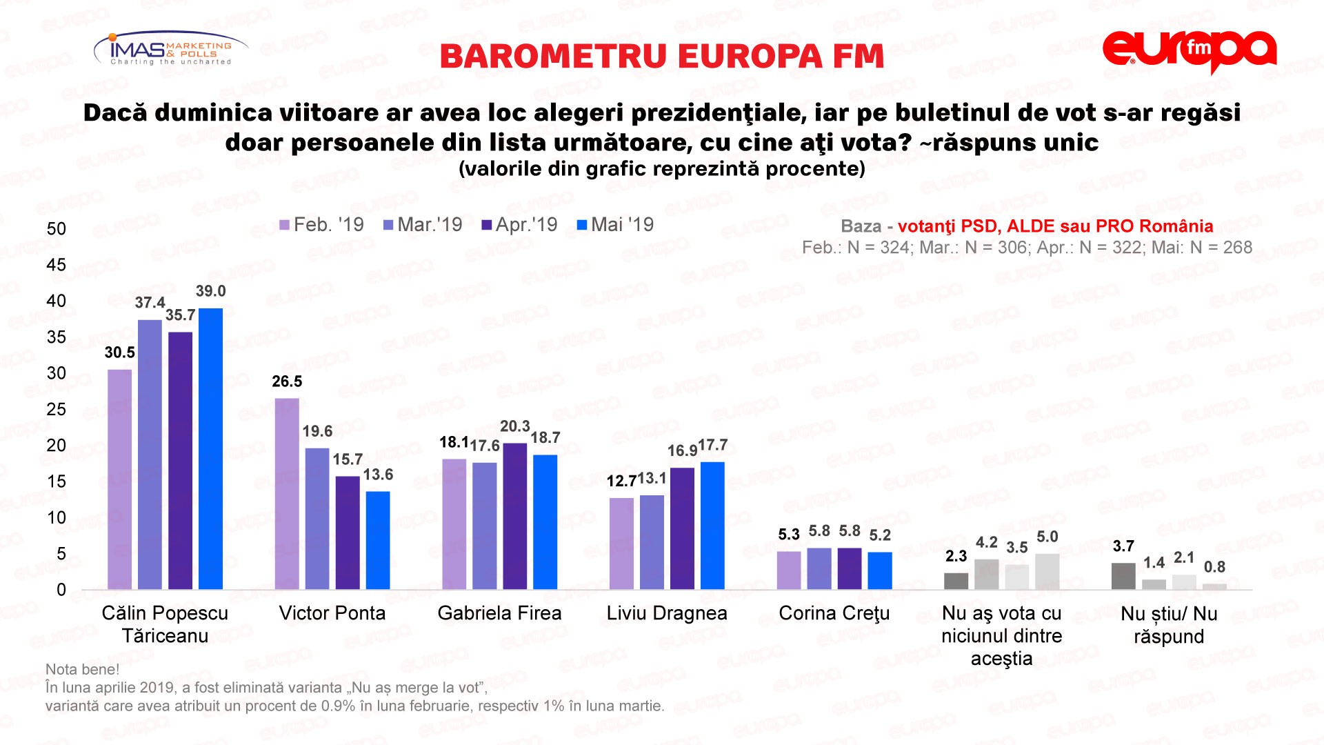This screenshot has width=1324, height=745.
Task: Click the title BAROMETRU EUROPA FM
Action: pos(661,57)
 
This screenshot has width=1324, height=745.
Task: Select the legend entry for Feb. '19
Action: pos(321,225)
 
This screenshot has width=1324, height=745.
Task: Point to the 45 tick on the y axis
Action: pos(57,265)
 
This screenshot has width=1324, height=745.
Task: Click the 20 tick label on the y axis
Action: pos(57,446)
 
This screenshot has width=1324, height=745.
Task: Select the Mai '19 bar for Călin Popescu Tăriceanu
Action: pos(210,448)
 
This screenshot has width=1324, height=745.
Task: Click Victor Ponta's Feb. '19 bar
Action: pos(287,493)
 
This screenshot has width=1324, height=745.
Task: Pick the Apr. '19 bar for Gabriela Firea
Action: pos(515,516)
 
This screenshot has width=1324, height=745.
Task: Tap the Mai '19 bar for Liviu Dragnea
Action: pos(712,526)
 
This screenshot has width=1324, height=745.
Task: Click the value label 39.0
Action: pos(210,291)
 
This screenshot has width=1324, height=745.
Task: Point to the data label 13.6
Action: pos(378,475)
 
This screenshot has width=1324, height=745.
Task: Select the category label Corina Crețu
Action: pos(834,613)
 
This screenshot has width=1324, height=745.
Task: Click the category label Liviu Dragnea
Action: pos(667,613)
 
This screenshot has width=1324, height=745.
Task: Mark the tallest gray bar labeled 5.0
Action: pos(1047,571)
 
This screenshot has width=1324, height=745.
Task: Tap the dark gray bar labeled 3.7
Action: pos(1123,576)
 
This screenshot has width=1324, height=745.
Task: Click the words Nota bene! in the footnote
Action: pos(82,669)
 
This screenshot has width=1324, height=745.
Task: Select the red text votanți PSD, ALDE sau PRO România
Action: pos(1055,226)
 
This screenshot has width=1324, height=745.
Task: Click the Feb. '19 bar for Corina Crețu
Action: pos(789,570)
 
